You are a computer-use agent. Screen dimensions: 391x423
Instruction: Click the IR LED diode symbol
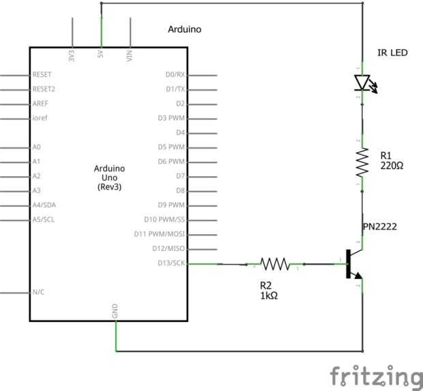pyautogui.click(x=362, y=83)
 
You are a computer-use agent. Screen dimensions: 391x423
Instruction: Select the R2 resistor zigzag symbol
pyautogui.click(x=274, y=263)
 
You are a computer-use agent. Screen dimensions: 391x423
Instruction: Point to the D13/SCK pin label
pyautogui.click(x=170, y=263)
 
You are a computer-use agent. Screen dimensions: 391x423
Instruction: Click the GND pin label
pyautogui.click(x=115, y=310)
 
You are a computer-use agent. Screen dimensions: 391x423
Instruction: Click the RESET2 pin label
pyautogui.click(x=44, y=89)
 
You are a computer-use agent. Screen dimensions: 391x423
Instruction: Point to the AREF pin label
pyautogui.click(x=40, y=104)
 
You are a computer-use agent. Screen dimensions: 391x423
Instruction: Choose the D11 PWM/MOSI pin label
pyautogui.click(x=160, y=234)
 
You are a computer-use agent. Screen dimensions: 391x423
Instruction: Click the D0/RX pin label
pyautogui.click(x=175, y=74)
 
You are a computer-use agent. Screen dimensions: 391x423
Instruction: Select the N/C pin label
pyautogui.click(x=39, y=292)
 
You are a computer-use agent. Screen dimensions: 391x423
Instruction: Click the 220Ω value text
pyautogui.click(x=392, y=166)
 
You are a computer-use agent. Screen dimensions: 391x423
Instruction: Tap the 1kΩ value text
pyautogui.click(x=269, y=296)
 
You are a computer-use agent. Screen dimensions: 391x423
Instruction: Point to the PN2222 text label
pyautogui.click(x=380, y=227)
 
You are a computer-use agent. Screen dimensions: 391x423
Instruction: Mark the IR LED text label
pyautogui.click(x=393, y=53)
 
